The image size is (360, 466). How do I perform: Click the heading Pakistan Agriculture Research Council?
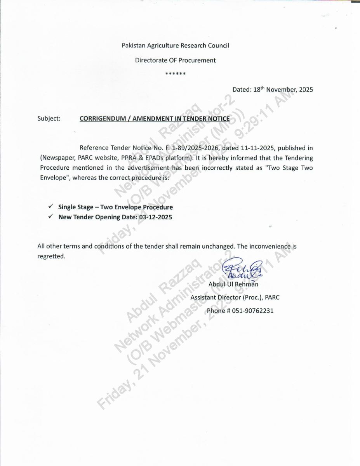point(175,45)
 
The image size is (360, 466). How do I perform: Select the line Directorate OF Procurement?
point(175,60)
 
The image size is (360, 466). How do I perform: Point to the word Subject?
point(49,118)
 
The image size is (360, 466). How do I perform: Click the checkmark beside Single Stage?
point(51,207)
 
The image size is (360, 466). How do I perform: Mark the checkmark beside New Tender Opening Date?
point(51,217)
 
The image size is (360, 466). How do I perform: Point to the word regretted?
point(51,256)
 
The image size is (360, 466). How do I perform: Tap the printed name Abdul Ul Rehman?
point(233,284)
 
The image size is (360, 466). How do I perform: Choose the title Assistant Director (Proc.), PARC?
point(235,297)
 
